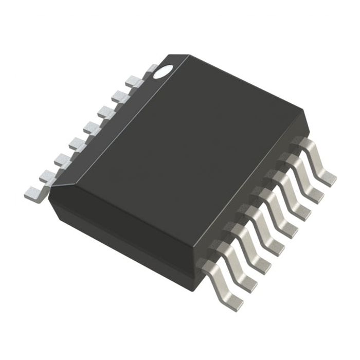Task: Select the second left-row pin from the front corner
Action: (46, 176)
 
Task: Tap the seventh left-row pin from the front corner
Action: (121, 95)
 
